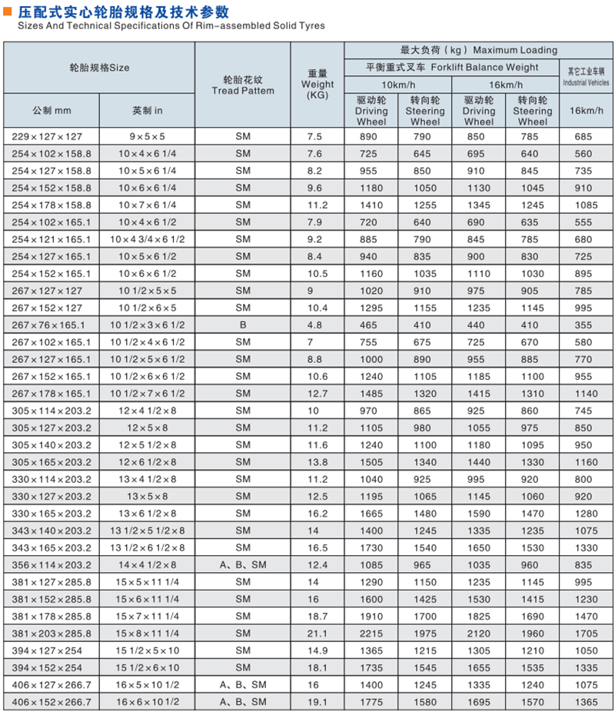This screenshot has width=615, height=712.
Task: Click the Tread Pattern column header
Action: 242,85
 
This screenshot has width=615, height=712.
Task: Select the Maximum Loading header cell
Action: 479,50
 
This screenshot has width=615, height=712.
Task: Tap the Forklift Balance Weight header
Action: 452,68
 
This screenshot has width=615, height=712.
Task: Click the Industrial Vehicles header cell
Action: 587,76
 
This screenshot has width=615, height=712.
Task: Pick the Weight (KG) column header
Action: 317,85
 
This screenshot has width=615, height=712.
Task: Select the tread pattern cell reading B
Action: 243,324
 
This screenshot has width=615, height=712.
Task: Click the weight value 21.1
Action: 317,634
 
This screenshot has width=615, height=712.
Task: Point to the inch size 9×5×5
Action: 147,137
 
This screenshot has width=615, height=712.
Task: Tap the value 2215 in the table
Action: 371,634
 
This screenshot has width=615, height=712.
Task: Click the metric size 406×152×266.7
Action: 52,702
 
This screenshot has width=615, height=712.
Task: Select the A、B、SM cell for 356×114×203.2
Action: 243,565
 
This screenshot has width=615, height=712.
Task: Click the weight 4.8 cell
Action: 317,324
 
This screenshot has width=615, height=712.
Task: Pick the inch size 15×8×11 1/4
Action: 147,634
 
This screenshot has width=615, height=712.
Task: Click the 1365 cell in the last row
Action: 587,702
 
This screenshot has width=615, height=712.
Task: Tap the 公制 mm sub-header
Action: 52,110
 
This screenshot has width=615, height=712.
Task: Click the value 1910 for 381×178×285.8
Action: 371,617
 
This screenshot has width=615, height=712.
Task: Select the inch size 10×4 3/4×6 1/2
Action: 147,239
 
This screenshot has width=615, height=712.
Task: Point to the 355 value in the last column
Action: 587,324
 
